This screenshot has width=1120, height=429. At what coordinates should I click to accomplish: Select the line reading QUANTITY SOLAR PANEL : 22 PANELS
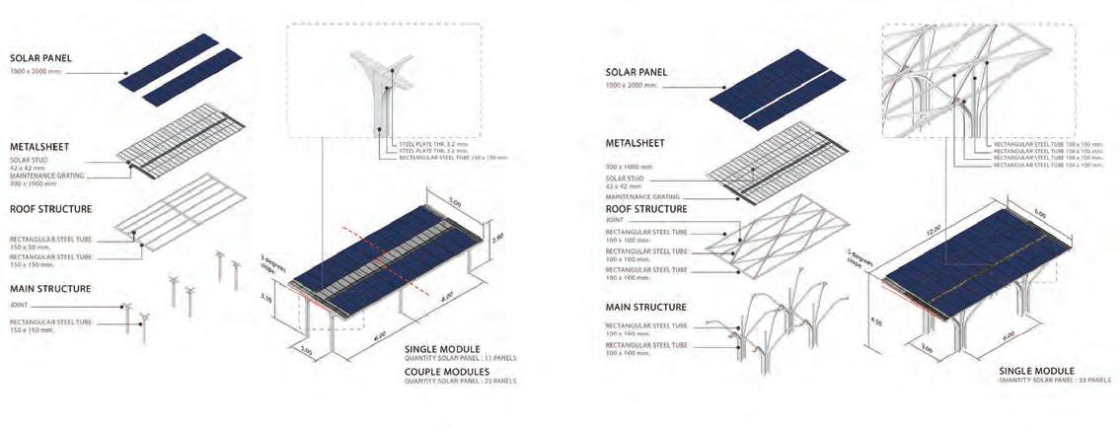coord(461,381)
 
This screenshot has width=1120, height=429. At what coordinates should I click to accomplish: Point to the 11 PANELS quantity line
coord(461,358)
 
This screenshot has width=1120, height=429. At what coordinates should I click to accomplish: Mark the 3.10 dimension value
coord(265,298)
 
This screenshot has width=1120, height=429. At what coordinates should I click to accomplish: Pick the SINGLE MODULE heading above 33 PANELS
coord(1036,371)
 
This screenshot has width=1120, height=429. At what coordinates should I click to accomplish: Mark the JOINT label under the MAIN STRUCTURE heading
coord(20,306)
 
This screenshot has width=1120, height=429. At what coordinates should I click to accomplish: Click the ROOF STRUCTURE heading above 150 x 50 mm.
coord(51,209)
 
